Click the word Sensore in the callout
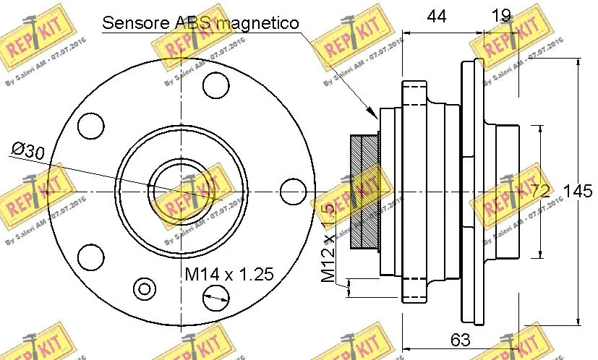pos(134,22)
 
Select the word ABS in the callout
pos(187,22)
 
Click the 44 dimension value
pos(437,15)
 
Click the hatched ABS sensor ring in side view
pos(364,192)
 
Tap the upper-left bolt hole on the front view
pos(90,126)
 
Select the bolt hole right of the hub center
pos(291,192)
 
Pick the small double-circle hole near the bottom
pos(145,288)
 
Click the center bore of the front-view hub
pos(178,192)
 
